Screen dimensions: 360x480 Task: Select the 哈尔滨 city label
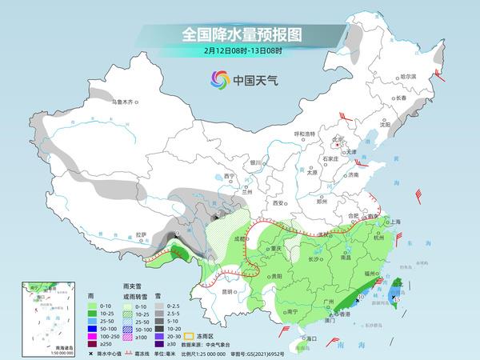point(408,76)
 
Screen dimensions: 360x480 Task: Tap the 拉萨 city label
point(142,234)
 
